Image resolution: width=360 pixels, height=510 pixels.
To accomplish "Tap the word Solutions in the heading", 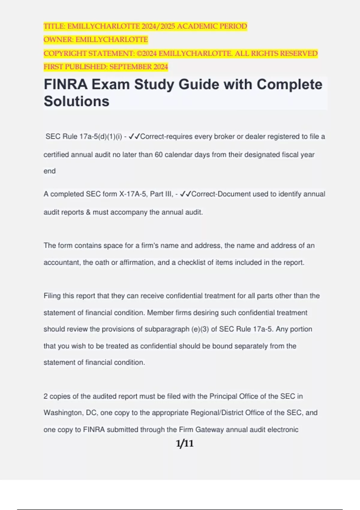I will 76,101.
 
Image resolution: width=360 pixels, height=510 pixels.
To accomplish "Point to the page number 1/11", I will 184,443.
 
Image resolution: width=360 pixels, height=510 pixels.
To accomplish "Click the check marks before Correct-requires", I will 134,137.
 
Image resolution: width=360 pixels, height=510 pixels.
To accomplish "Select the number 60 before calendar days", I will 159,155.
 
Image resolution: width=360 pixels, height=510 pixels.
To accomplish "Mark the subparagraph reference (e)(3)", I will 200,329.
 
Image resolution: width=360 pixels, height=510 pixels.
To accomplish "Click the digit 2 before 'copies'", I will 46,396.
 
